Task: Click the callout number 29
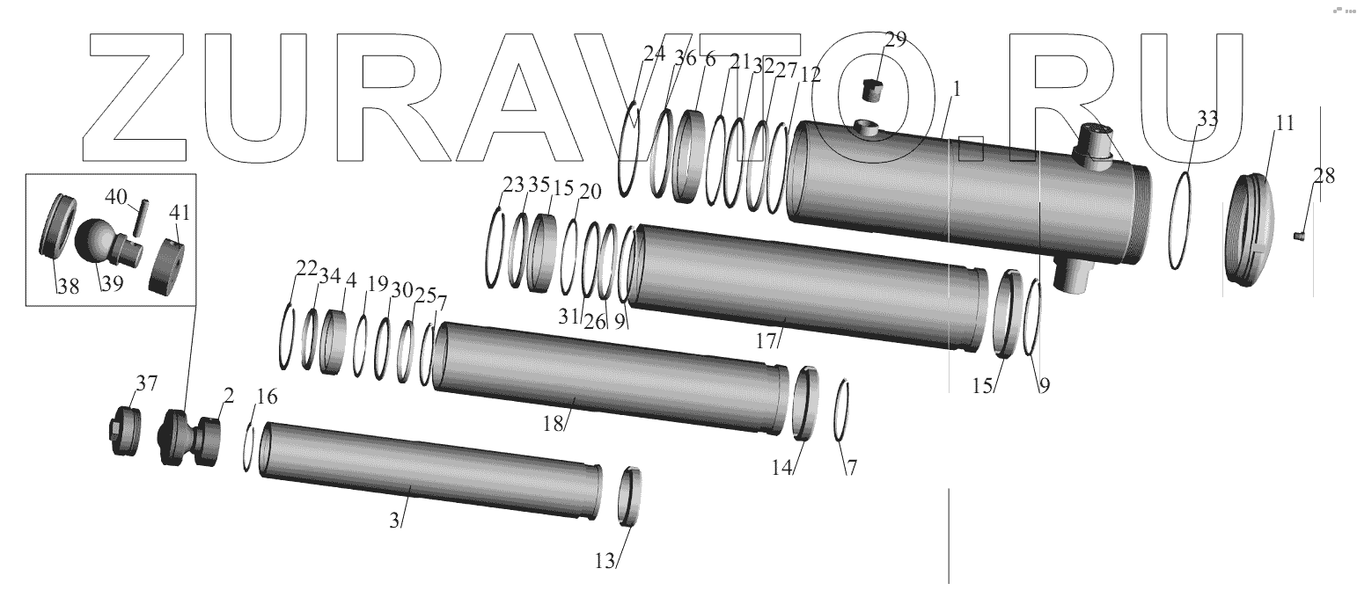coord(895,40)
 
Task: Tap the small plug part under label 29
coord(872,91)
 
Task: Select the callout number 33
coord(1207,118)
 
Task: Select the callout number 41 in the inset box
coord(180,213)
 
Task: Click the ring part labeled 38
coord(58,225)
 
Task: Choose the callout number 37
coord(147,383)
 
